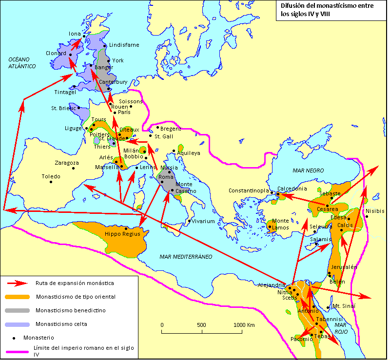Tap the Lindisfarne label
(124, 45)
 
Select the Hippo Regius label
(122, 234)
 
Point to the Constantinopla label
(248, 190)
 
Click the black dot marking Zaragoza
(73, 169)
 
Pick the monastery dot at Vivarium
(190, 221)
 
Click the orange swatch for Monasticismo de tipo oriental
(18, 296)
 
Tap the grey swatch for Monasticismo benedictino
(18, 310)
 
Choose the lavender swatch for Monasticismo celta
(18, 323)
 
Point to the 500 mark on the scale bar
(201, 325)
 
